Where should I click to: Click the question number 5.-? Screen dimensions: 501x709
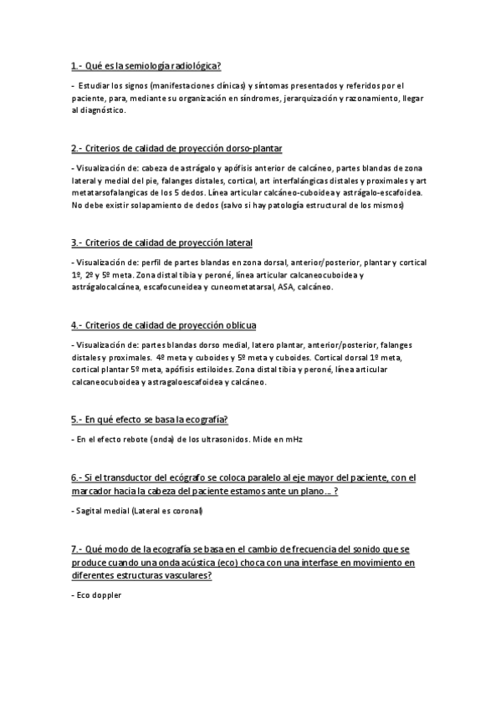pyautogui.click(x=78, y=419)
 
